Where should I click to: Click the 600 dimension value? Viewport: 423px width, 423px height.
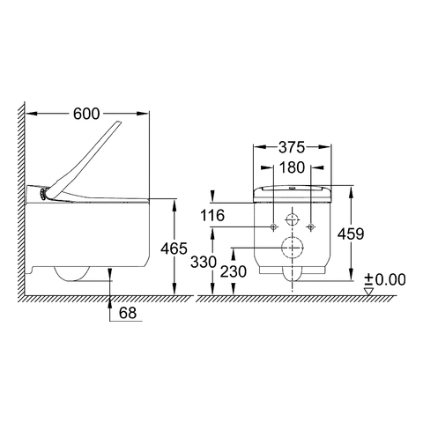click(86, 114)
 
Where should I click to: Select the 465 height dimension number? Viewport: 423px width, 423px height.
click(174, 249)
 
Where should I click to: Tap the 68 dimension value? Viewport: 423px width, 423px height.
click(128, 313)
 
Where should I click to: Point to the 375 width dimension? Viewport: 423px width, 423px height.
click(292, 147)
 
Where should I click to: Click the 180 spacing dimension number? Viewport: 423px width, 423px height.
click(292, 167)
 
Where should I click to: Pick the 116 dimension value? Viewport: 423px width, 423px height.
click(212, 215)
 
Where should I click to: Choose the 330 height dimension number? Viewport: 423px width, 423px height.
click(204, 262)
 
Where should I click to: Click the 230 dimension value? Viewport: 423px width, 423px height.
click(234, 271)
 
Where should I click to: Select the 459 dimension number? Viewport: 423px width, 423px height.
click(351, 234)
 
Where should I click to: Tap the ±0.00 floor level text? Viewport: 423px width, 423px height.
click(385, 279)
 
